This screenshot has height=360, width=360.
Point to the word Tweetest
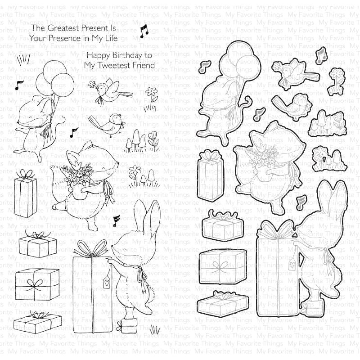(111, 65)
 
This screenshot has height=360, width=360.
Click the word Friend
(141, 65)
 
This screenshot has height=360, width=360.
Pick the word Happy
(98, 56)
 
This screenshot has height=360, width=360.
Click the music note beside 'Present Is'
(144, 31)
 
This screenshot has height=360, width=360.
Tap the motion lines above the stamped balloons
(24, 59)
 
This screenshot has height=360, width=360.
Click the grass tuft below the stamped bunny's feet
(155, 331)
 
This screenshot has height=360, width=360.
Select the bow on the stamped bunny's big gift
(92, 248)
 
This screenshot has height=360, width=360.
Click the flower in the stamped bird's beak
(92, 84)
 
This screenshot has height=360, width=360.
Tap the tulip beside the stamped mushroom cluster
(153, 139)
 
